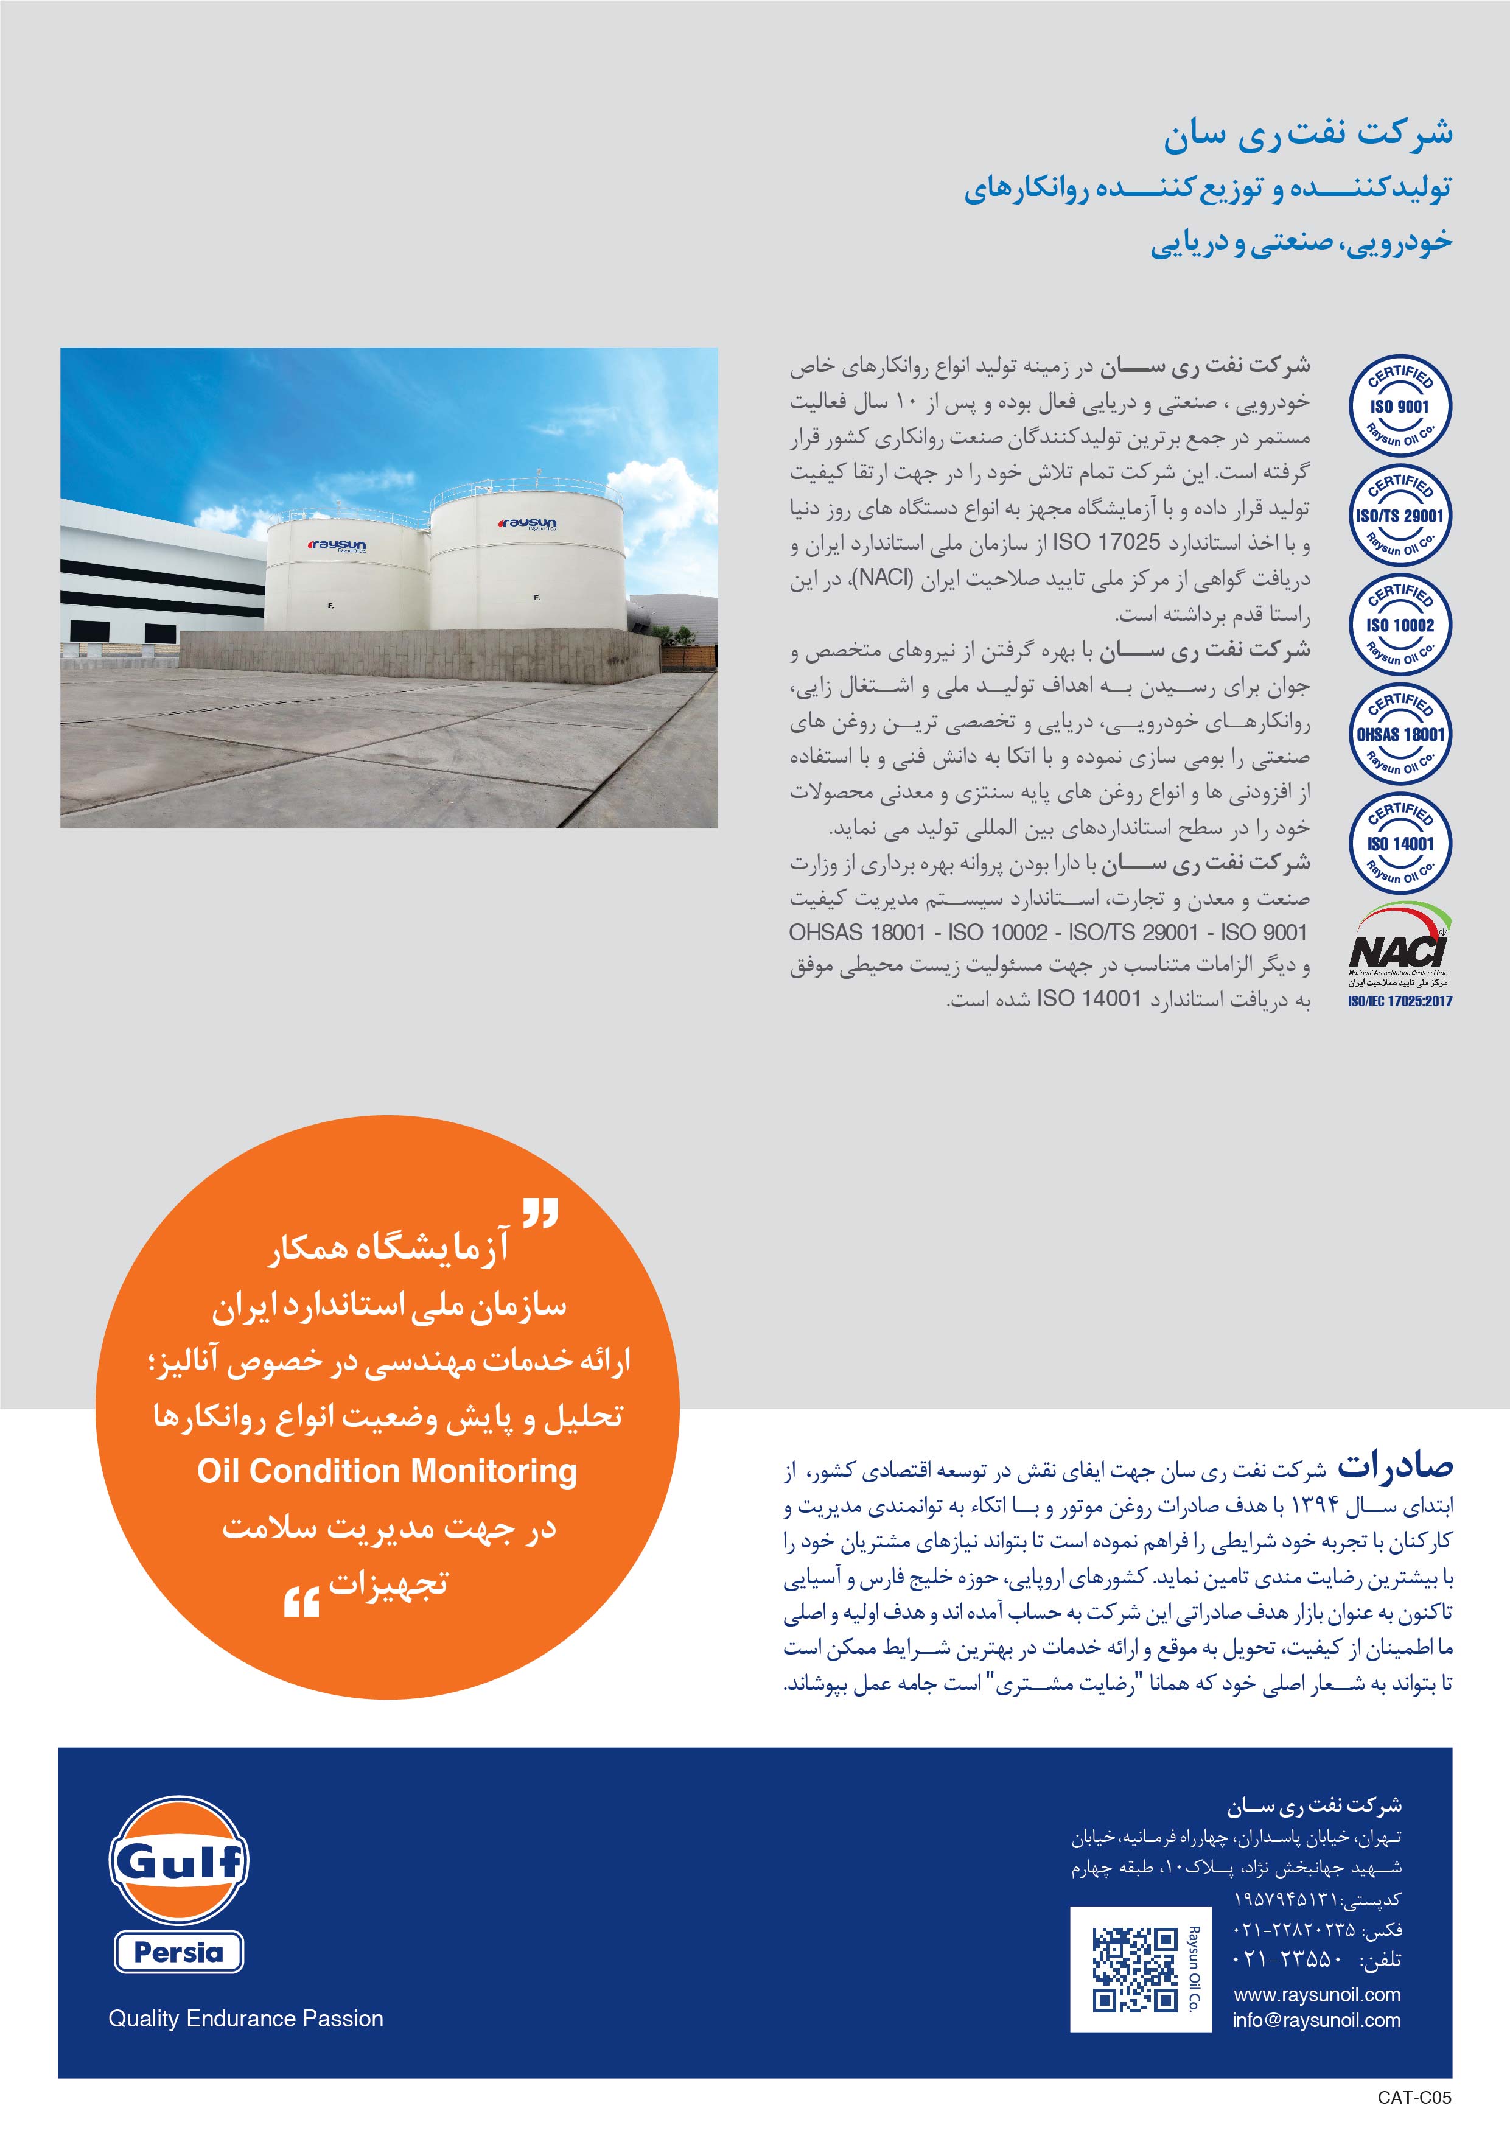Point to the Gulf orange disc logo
click(x=179, y=1860)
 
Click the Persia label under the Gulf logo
click(x=179, y=1951)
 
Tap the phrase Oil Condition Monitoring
click(x=387, y=1471)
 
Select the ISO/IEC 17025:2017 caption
click(x=1399, y=1001)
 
